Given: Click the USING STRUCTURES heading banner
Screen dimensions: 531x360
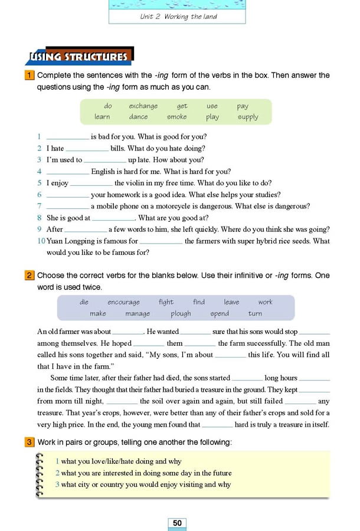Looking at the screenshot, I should (80, 57).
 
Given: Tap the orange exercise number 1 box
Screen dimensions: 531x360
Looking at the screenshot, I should (29, 76).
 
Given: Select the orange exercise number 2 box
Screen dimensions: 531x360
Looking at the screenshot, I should (29, 276).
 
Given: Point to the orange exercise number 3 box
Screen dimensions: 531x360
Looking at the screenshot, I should (29, 442).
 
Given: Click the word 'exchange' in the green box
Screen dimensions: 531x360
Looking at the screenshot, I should (143, 106).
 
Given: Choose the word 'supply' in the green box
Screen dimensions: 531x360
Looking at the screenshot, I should (248, 117).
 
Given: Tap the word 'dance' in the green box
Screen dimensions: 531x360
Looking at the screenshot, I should (138, 117).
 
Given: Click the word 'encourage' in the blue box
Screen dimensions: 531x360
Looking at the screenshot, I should (124, 302).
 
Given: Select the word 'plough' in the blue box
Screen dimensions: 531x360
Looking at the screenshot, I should (181, 314).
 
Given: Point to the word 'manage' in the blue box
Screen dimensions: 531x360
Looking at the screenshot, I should (138, 314).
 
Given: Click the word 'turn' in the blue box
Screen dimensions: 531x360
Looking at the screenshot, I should (255, 314).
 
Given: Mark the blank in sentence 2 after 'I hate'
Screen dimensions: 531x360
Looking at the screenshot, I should (87, 149).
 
